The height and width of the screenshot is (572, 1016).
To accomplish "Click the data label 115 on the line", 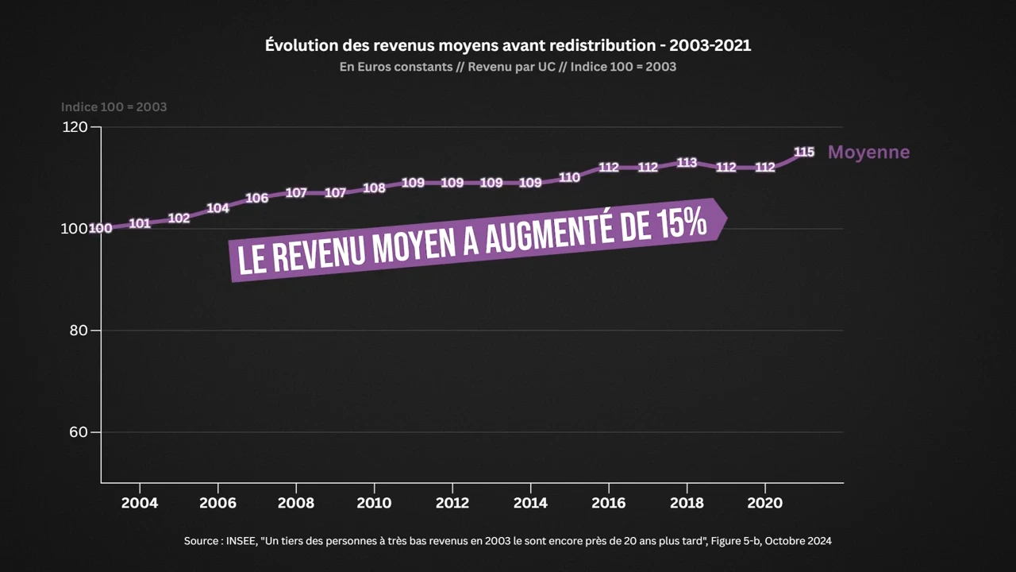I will coord(804,152).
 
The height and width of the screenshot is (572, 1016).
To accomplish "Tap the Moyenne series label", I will coord(868,152).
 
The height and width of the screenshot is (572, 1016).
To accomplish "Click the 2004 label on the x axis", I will coord(140,503).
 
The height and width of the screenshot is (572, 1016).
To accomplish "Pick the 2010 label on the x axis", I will coord(374,503).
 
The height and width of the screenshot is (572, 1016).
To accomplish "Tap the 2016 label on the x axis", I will coord(608,503).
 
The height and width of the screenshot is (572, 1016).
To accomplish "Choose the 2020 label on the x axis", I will coord(764,503).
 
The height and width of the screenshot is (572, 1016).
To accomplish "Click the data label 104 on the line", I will coord(217,208).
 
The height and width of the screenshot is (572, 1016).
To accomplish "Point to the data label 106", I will coord(256,198).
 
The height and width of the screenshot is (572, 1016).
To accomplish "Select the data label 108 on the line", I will coord(374,188).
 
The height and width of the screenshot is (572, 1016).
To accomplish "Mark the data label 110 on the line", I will coord(569,178).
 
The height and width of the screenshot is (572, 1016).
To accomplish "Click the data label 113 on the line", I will coord(687,163).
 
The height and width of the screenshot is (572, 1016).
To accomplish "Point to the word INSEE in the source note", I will coord(241,541).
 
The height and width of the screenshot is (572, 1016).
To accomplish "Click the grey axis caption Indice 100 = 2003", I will coord(114,106).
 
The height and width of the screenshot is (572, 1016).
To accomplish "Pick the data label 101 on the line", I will coord(140,223).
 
